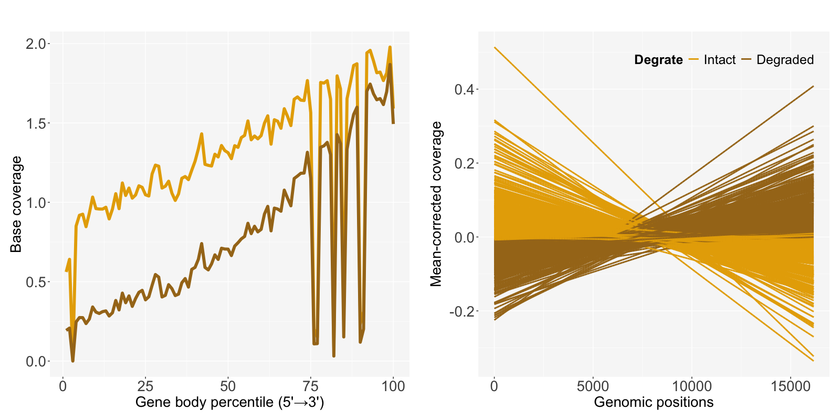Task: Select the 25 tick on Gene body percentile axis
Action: click(x=145, y=387)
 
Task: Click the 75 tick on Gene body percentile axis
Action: click(x=310, y=387)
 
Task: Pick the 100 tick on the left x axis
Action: click(x=393, y=387)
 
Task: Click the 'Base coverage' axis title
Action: click(x=16, y=204)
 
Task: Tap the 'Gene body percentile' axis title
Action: click(x=229, y=403)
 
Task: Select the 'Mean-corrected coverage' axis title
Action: click(x=436, y=204)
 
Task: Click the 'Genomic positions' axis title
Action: click(x=654, y=403)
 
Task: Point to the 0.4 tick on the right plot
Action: click(x=464, y=89)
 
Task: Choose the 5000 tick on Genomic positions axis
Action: click(x=593, y=387)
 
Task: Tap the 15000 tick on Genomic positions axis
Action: click(x=791, y=387)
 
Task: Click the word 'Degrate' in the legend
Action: click(x=658, y=60)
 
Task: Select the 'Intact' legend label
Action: click(x=719, y=60)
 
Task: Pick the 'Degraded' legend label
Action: click(x=785, y=60)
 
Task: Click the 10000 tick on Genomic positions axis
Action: click(x=691, y=387)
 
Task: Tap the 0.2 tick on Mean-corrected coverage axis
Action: click(x=464, y=163)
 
